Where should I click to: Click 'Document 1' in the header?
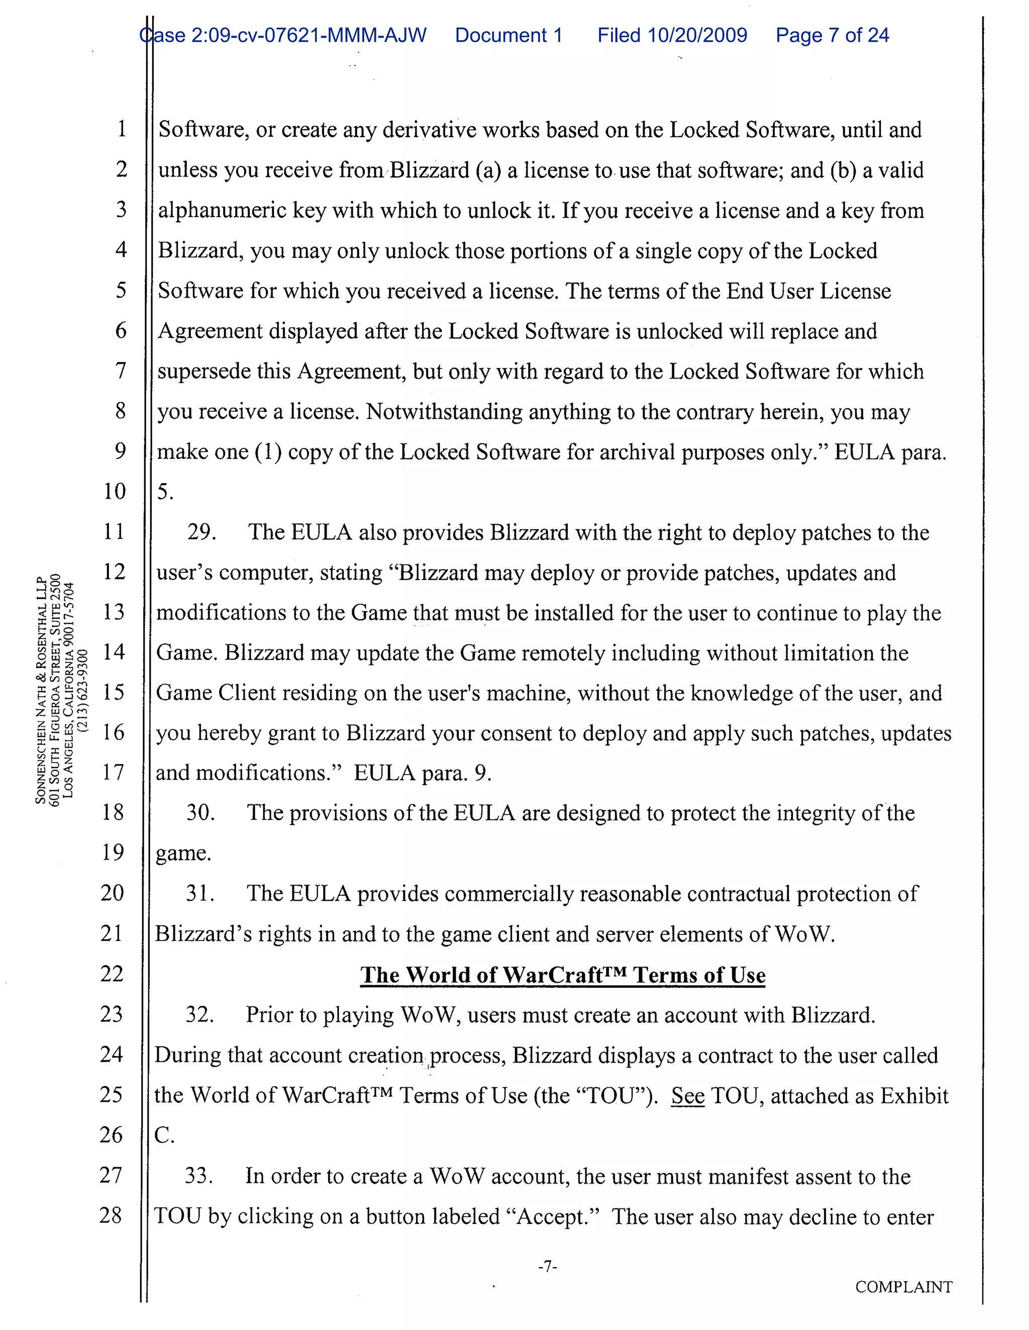click(x=508, y=35)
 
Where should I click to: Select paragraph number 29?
click(x=201, y=532)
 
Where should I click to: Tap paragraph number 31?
click(x=199, y=893)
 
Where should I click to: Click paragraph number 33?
click(x=198, y=1175)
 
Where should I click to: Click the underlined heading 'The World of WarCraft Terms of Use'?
click(x=562, y=975)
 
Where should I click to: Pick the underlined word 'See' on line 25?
click(x=687, y=1096)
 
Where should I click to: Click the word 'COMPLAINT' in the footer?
click(x=903, y=1287)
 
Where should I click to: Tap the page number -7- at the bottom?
click(x=547, y=1267)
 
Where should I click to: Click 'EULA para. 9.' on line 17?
click(x=422, y=774)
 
